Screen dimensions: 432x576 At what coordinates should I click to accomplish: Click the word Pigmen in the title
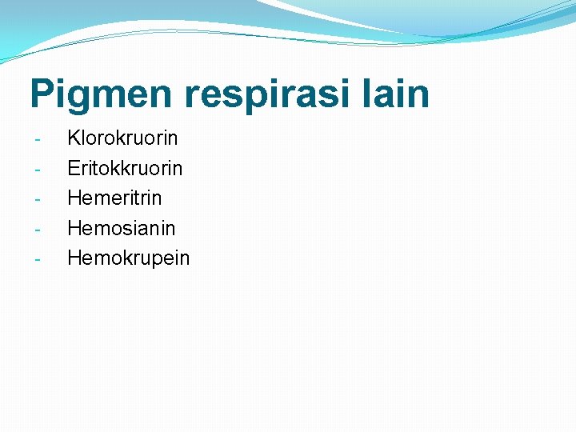[x=101, y=94]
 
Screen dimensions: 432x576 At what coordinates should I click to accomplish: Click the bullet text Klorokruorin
[x=122, y=138]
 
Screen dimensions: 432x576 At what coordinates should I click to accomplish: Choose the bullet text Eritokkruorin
[x=125, y=168]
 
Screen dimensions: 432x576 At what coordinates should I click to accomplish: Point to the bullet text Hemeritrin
[x=114, y=198]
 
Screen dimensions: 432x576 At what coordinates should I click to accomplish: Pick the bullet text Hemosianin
[x=121, y=228]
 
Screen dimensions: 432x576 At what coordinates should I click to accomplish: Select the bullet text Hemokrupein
[x=128, y=258]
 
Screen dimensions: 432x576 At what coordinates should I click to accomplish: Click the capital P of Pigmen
[x=42, y=93]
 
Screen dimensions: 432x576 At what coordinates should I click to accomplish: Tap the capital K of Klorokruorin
[x=74, y=138]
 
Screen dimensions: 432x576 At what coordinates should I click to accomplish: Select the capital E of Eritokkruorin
[x=74, y=168]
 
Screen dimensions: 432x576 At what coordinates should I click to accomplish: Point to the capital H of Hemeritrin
[x=74, y=198]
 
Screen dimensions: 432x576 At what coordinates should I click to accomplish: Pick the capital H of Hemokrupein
[x=74, y=258]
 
